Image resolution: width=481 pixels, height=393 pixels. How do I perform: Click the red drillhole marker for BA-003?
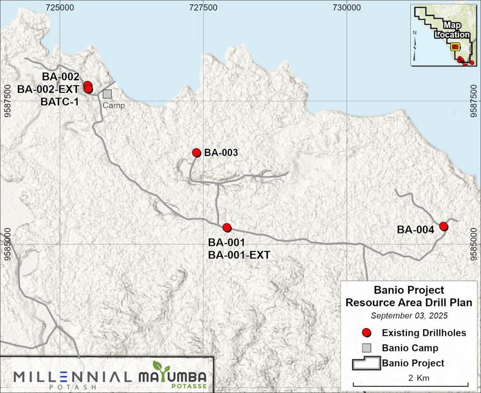pyautogui.click(x=196, y=153)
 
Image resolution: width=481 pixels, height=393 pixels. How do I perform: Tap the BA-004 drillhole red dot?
pyautogui.click(x=443, y=226)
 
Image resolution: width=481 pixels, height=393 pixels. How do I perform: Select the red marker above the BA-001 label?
pyautogui.click(x=227, y=227)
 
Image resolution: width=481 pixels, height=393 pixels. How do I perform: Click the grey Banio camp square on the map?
pyautogui.click(x=107, y=94)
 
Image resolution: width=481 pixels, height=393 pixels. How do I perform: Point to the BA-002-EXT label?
pyautogui.click(x=48, y=89)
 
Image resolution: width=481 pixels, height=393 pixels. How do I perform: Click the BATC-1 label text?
pyautogui.click(x=61, y=101)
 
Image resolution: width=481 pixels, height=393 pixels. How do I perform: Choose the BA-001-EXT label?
pyautogui.click(x=239, y=255)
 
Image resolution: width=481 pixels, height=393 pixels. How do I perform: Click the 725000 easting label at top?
pyautogui.click(x=60, y=8)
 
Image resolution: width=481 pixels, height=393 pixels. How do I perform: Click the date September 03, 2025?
pyautogui.click(x=409, y=316)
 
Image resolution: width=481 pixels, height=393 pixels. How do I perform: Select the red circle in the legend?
pyautogui.click(x=367, y=332)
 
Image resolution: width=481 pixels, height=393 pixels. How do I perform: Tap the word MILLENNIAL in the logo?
pyautogui.click(x=72, y=377)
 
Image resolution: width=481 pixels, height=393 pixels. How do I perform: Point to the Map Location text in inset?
pyautogui.click(x=453, y=30)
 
